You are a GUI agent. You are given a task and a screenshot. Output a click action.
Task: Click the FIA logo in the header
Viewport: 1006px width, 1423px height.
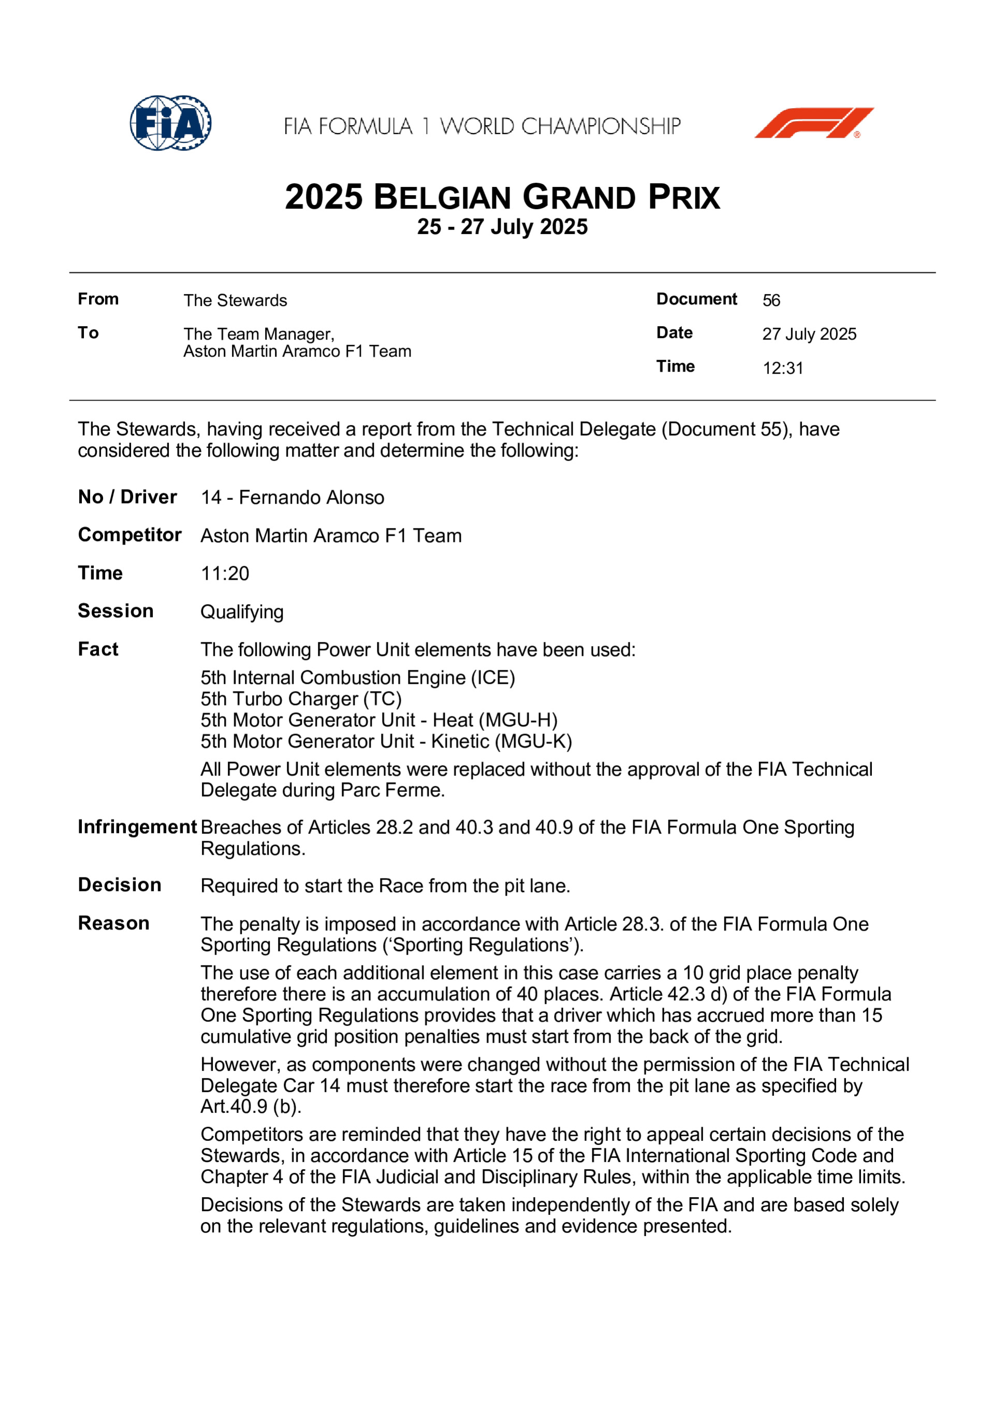170,123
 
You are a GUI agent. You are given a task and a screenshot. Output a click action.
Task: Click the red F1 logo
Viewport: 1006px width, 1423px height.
813,123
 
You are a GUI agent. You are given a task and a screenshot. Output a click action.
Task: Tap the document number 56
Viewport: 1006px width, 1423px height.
771,301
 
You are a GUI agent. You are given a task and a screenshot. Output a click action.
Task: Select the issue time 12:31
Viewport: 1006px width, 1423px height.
783,368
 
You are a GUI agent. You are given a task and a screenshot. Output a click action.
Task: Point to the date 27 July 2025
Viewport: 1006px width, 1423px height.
809,334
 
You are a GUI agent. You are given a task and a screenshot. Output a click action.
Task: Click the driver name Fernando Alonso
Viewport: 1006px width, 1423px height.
311,497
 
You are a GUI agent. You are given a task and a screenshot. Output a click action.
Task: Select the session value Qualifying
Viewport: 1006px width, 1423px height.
242,612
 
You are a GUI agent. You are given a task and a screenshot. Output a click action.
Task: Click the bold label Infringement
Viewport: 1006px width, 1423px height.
137,827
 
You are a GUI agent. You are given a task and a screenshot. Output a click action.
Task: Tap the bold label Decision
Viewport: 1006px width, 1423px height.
120,885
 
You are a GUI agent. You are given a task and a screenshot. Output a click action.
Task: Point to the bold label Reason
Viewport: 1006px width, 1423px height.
113,923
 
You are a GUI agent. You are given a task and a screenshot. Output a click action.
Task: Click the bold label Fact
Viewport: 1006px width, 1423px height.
98,649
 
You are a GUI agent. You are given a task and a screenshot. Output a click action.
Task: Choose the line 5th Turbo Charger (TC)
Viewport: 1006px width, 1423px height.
301,699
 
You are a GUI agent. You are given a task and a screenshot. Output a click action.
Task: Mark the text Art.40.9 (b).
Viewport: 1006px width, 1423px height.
251,1106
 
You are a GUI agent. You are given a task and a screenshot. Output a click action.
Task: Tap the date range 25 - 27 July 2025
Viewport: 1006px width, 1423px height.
502,227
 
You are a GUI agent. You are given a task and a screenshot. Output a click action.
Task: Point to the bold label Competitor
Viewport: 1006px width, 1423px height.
129,535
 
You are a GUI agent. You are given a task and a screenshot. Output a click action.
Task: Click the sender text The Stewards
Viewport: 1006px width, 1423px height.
236,301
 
